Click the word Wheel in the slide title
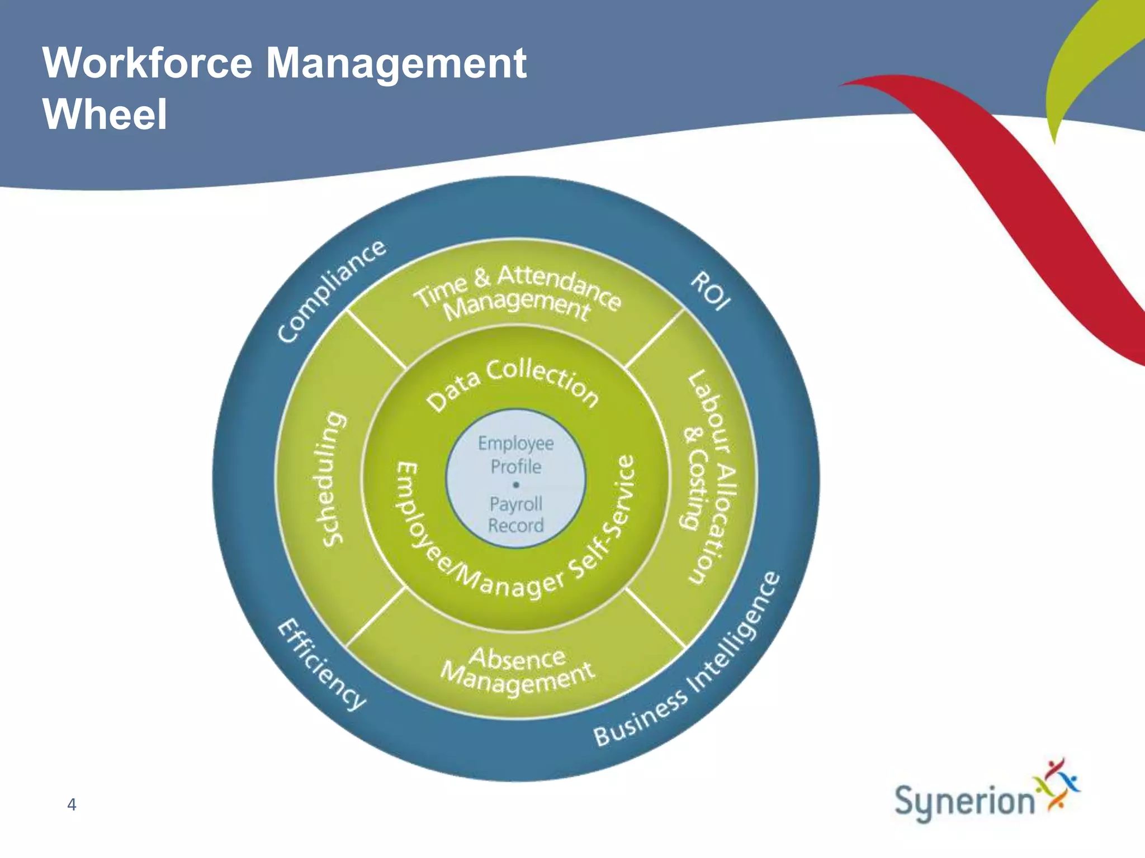105,114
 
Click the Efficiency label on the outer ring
321,664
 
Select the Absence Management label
517,670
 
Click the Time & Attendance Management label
517,293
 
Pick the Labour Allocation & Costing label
708,478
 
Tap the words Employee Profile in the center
515,455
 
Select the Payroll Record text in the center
515,514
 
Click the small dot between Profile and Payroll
516,485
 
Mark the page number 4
72,804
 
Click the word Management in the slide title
396,63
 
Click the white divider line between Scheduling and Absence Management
375,617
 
